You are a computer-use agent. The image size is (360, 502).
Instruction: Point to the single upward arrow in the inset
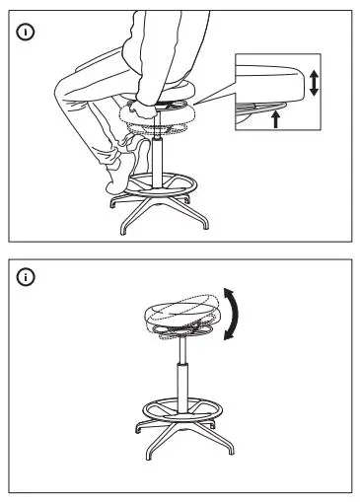tap(275, 118)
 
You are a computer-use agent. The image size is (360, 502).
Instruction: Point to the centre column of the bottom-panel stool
tap(179, 375)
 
